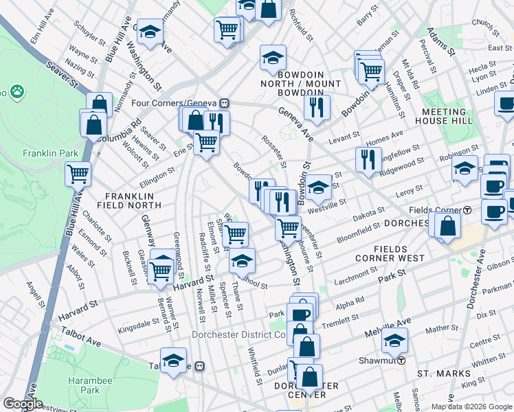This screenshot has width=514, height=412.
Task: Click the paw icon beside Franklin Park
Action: (15, 91)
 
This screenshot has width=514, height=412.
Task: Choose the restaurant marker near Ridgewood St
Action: (369, 159)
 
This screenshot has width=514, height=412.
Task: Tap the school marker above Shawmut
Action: (394, 339)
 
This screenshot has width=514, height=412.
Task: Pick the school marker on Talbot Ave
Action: (173, 359)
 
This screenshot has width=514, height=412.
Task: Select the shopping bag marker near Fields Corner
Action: (448, 225)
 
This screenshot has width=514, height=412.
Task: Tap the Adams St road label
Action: (440, 42)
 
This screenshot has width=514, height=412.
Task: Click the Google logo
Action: (23, 404)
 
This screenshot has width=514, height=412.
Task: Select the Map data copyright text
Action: (471, 407)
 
